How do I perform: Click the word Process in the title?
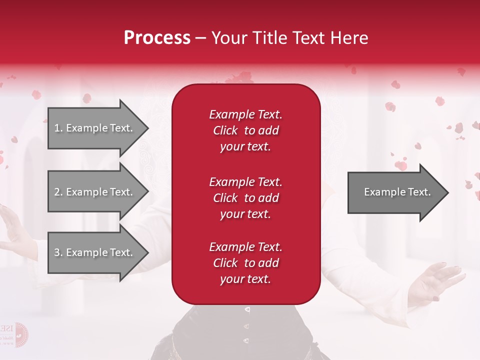pyautogui.click(x=157, y=38)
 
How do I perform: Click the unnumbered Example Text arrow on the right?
pyautogui.click(x=397, y=192)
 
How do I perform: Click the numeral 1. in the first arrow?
pyautogui.click(x=58, y=128)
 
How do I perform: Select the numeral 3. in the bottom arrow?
pyautogui.click(x=58, y=252)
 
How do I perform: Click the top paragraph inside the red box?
pyautogui.click(x=245, y=130)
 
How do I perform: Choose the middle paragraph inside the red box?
pyautogui.click(x=245, y=198)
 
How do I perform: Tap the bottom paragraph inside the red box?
pyautogui.click(x=245, y=263)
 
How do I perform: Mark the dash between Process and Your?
pyautogui.click(x=200, y=38)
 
